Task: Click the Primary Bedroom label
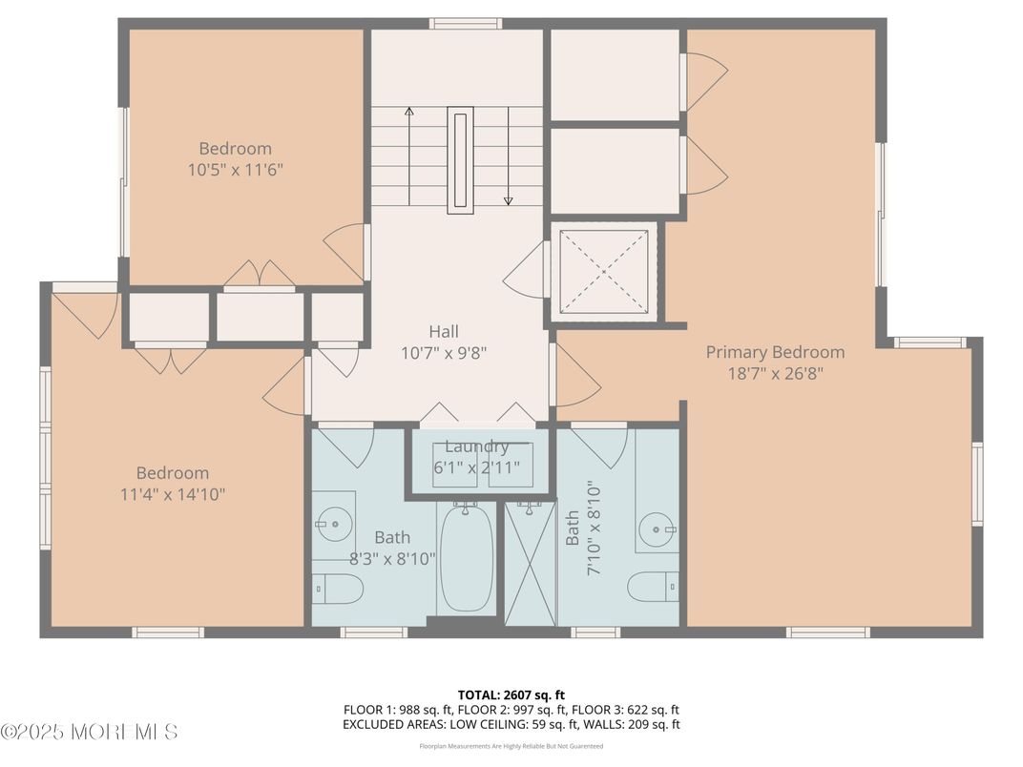[x=775, y=352]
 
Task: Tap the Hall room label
[x=444, y=332]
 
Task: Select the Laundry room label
[x=476, y=446]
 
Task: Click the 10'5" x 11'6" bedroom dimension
[x=236, y=170]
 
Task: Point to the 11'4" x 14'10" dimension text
[x=172, y=494]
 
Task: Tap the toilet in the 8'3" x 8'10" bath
[x=336, y=589]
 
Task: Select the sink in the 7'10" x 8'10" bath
[x=658, y=528]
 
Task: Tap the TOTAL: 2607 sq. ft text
[x=511, y=694]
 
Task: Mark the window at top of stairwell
[x=465, y=24]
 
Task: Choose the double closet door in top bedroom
[x=259, y=275]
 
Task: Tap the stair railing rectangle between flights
[x=461, y=159]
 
